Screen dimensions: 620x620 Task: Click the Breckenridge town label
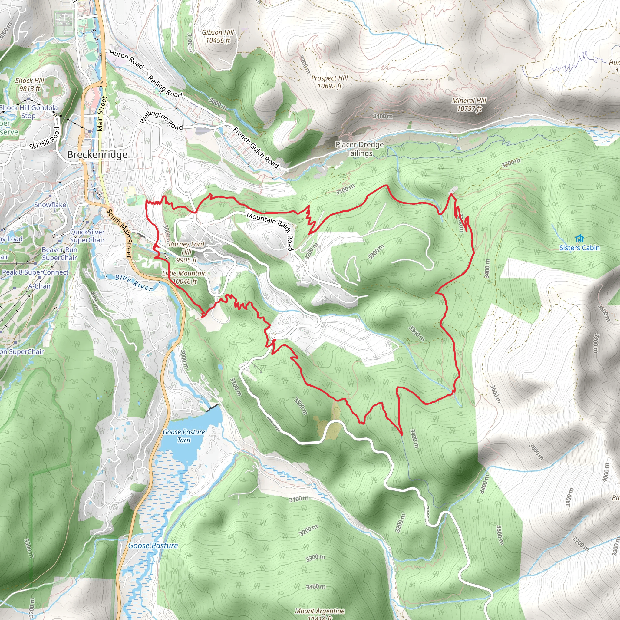point(97,155)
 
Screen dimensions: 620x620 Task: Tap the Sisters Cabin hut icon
point(579,239)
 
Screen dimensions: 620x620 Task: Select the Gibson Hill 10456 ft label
point(218,36)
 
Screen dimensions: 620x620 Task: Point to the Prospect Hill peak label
point(330,82)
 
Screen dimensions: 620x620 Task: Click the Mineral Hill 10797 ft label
point(469,105)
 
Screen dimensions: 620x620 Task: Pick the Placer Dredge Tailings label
point(359,149)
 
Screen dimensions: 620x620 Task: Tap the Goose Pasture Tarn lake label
point(184,436)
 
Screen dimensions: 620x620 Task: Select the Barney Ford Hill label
point(186,252)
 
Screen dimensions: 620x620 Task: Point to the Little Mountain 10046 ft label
point(185,277)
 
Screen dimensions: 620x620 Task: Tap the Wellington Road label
point(161,120)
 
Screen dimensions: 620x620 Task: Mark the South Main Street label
point(119,233)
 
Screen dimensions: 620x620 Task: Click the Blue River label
point(134,282)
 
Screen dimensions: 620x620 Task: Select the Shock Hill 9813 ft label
point(30,84)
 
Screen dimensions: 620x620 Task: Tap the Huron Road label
point(126,59)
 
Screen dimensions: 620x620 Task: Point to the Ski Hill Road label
point(45,138)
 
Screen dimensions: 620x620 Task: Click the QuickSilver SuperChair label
point(87,236)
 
